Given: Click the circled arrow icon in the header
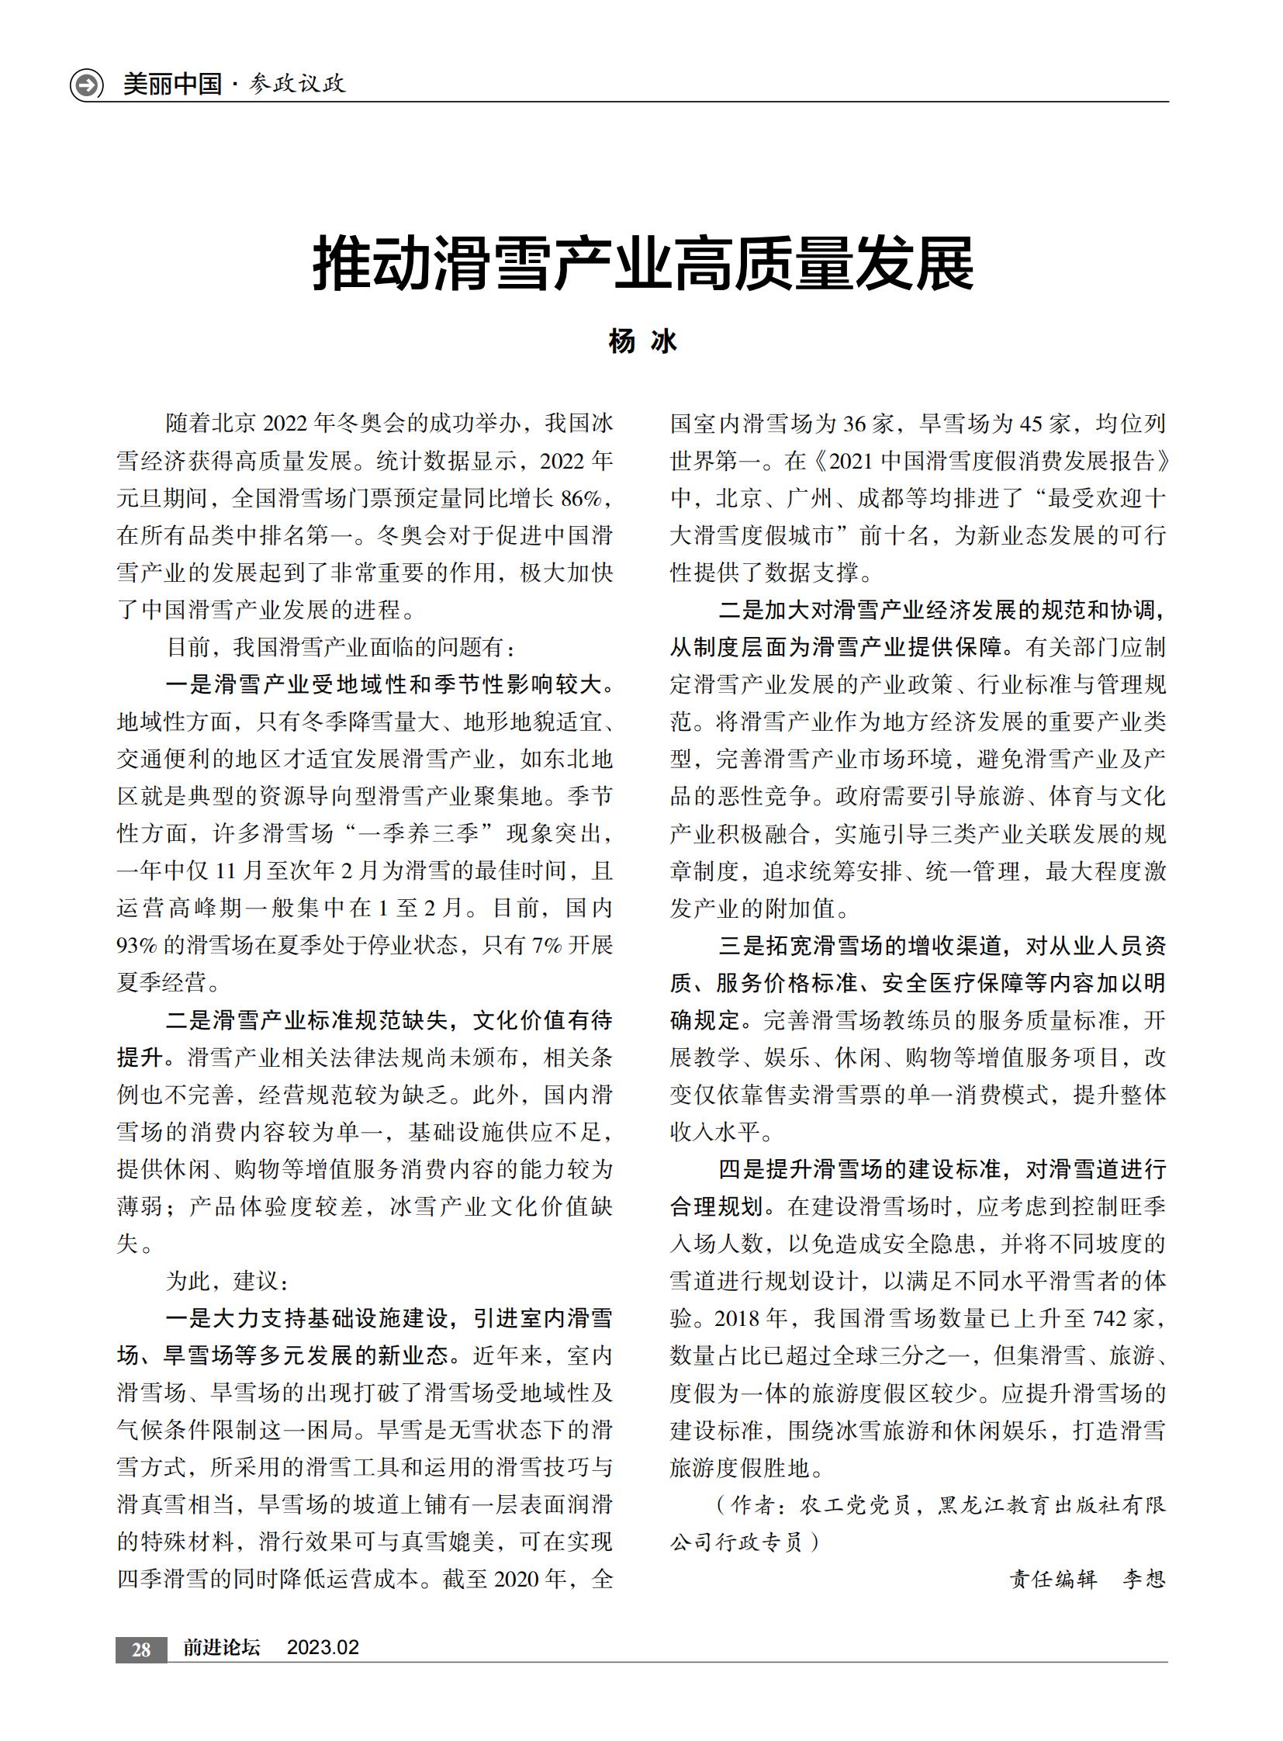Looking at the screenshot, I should pyautogui.click(x=86, y=84).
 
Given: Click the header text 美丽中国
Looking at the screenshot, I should pyautogui.click(x=172, y=84).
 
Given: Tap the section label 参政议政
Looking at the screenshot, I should pyautogui.click(x=297, y=84).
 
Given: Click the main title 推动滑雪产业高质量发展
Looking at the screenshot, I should pyautogui.click(x=642, y=265).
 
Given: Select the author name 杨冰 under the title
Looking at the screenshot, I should pyautogui.click(x=642, y=341).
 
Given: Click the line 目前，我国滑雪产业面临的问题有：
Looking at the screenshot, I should pyautogui.click(x=341, y=647).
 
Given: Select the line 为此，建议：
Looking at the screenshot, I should pyautogui.click(x=227, y=1281).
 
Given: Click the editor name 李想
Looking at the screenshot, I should pyautogui.click(x=1143, y=1580).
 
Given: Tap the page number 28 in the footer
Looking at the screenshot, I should pyautogui.click(x=141, y=1649).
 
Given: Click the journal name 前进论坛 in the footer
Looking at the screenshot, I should pyautogui.click(x=221, y=1648).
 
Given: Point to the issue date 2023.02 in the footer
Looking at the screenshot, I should pyautogui.click(x=323, y=1648).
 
